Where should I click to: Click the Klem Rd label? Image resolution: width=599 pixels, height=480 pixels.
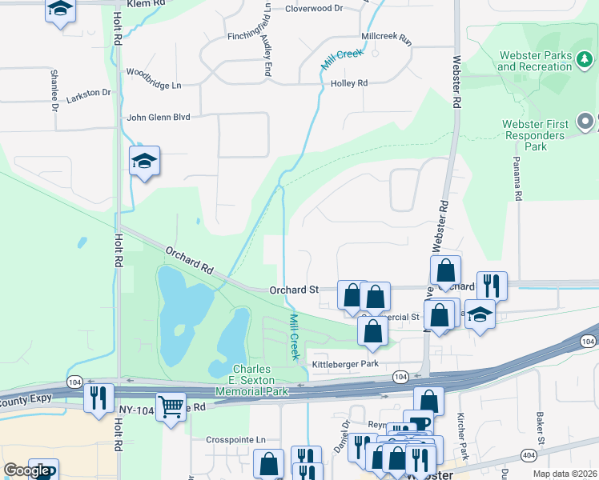pos(147,4)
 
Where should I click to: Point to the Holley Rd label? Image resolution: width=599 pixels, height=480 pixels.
pos(349,82)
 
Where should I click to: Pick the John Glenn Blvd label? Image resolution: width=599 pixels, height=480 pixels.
pos(159,117)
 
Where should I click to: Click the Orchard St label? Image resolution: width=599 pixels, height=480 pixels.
pos(294,290)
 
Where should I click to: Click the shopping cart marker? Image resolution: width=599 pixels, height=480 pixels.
pos(171,407)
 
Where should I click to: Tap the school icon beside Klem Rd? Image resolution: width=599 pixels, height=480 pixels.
pos(60,10)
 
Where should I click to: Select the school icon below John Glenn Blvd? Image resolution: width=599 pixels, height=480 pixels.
pos(144,162)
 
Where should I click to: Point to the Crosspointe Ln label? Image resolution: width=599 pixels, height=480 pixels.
pos(235,440)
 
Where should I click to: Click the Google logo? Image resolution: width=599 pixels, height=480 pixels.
pos(26,471)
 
